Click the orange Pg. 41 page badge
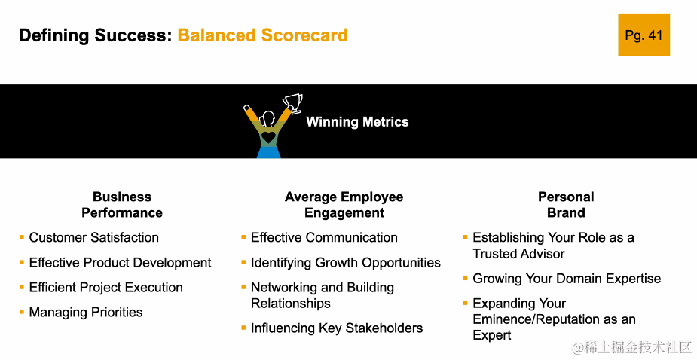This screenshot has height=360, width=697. (644, 35)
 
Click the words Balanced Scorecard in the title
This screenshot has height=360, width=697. (263, 35)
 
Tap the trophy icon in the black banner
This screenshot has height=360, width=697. (293, 103)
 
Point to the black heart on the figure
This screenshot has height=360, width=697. (268, 137)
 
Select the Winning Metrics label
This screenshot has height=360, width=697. (357, 122)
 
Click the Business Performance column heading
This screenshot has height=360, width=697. (122, 204)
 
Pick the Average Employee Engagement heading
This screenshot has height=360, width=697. (344, 204)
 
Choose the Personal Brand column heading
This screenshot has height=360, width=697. (566, 204)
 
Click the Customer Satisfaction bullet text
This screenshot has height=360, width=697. (93, 237)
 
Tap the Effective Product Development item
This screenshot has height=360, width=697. (120, 263)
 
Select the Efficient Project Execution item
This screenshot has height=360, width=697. (105, 288)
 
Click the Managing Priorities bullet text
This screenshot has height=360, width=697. (86, 312)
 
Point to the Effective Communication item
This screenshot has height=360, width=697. (324, 237)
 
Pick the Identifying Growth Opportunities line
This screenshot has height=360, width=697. (346, 263)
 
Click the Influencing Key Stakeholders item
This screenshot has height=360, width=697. (337, 328)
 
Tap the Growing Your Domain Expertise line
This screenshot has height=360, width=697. (567, 279)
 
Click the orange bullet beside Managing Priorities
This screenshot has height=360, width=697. (21, 312)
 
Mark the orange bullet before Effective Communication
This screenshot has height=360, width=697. (243, 237)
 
